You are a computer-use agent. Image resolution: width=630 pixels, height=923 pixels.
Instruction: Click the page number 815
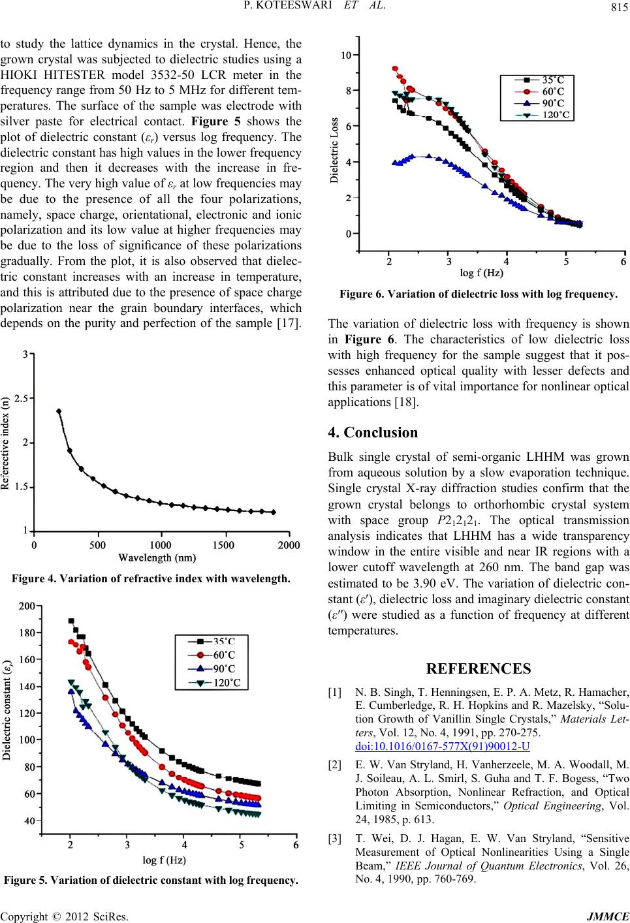pyautogui.click(x=620, y=7)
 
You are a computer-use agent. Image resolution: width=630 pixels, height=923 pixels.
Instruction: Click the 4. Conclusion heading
pyautogui.click(x=373, y=432)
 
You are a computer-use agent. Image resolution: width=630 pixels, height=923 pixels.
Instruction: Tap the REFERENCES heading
pyautogui.click(x=479, y=668)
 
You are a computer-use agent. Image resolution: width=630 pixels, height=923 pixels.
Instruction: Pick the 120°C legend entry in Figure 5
pyautogui.click(x=212, y=683)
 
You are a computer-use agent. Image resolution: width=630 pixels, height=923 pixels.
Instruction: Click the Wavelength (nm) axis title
pyautogui.click(x=157, y=558)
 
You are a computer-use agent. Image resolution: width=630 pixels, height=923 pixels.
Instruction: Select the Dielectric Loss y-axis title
pyautogui.click(x=334, y=150)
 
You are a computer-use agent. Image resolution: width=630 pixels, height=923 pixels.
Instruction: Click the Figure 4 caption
pyautogui.click(x=151, y=578)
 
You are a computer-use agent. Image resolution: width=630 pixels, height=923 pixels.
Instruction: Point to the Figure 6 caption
pyautogui.click(x=479, y=294)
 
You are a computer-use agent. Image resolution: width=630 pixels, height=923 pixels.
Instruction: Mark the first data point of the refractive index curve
pyautogui.click(x=59, y=411)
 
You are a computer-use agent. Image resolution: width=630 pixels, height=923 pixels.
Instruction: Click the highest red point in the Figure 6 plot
pyautogui.click(x=395, y=69)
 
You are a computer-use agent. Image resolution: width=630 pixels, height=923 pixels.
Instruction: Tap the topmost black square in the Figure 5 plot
pyautogui.click(x=71, y=621)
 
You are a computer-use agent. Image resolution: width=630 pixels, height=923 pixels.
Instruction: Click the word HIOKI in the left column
pyautogui.click(x=18, y=75)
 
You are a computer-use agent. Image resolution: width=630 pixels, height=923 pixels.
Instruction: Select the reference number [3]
pyautogui.click(x=334, y=839)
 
